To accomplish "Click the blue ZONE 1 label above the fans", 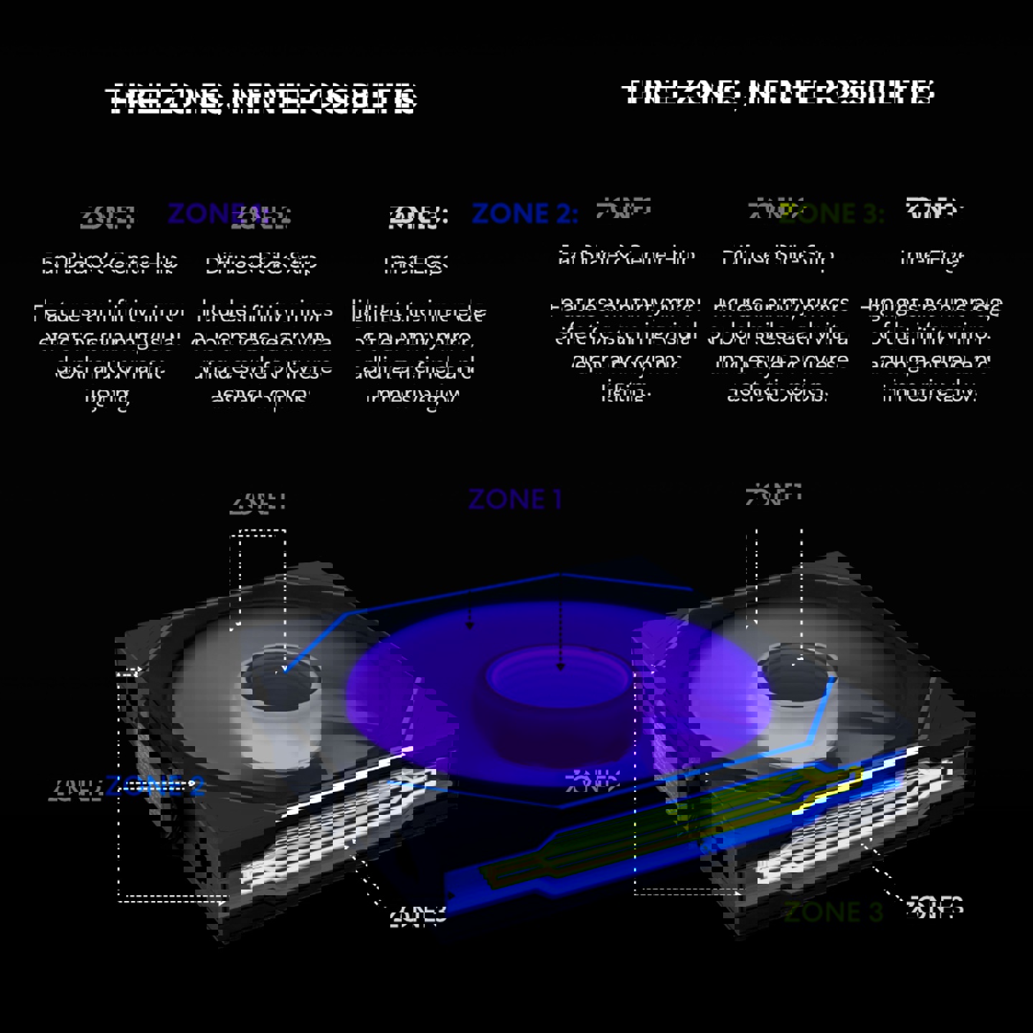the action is (x=514, y=500).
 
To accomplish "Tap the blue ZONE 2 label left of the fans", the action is (x=155, y=786).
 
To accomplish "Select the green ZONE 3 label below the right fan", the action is (x=833, y=912).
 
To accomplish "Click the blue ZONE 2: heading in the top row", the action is (x=524, y=213).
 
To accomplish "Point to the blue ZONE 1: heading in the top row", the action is (x=208, y=213).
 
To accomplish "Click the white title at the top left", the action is (x=262, y=100).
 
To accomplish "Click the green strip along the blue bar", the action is (x=646, y=832).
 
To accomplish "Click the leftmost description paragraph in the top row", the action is (x=108, y=355).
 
